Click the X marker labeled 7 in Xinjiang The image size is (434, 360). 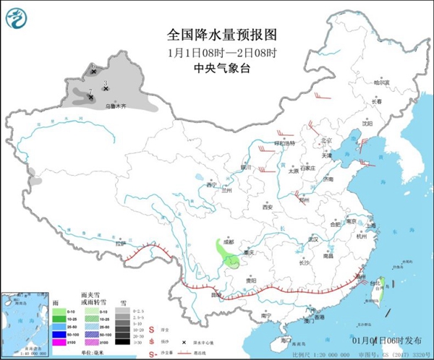click(90, 98)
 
